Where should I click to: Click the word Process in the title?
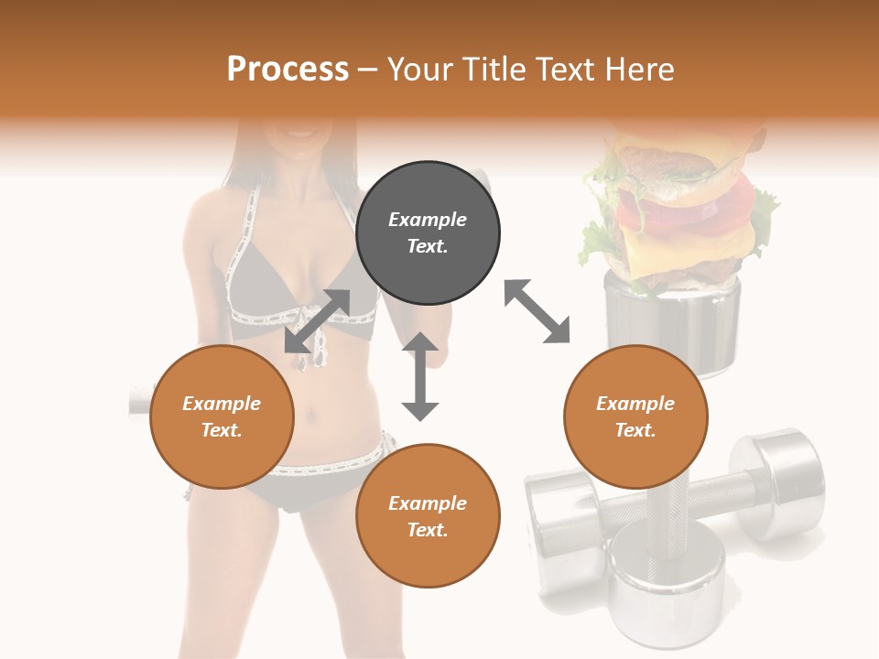click(288, 70)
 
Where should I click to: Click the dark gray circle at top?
click(428, 233)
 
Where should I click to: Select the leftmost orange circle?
click(222, 416)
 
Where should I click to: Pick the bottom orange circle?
click(428, 516)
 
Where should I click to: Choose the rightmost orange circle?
click(635, 416)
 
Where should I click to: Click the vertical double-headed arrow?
click(420, 376)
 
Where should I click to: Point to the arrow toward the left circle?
click(317, 321)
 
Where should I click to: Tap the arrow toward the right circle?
click(537, 311)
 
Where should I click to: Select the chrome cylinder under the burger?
click(673, 320)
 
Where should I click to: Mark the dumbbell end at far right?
click(783, 476)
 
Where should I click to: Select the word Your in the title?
click(421, 70)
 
